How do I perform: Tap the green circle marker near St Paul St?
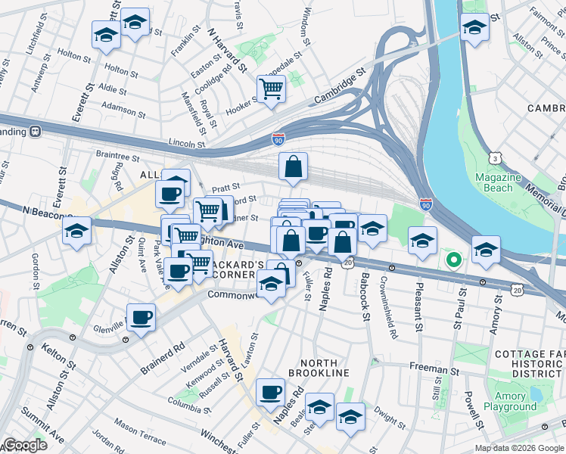(x=454, y=263)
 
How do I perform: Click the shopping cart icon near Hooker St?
(x=270, y=89)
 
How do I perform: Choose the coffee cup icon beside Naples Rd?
(x=270, y=391)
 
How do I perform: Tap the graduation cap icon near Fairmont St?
(x=474, y=29)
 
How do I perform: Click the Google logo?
(x=24, y=446)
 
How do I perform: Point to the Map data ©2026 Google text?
(x=518, y=448)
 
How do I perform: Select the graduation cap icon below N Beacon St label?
(x=76, y=230)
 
